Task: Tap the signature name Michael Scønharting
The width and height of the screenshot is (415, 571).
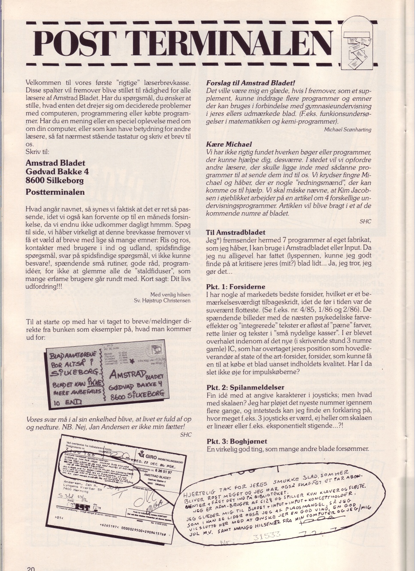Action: tap(348, 130)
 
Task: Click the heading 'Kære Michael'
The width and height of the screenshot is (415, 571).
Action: tap(229, 144)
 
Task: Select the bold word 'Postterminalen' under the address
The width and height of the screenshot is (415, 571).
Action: tap(55, 192)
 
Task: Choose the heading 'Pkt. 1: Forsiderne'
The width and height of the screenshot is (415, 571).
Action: tap(236, 287)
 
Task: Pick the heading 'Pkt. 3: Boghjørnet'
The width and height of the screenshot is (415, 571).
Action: tap(236, 441)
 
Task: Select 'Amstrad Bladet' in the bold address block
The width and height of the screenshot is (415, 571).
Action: tap(55, 163)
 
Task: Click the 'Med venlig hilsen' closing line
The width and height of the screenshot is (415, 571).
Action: tap(170, 294)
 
